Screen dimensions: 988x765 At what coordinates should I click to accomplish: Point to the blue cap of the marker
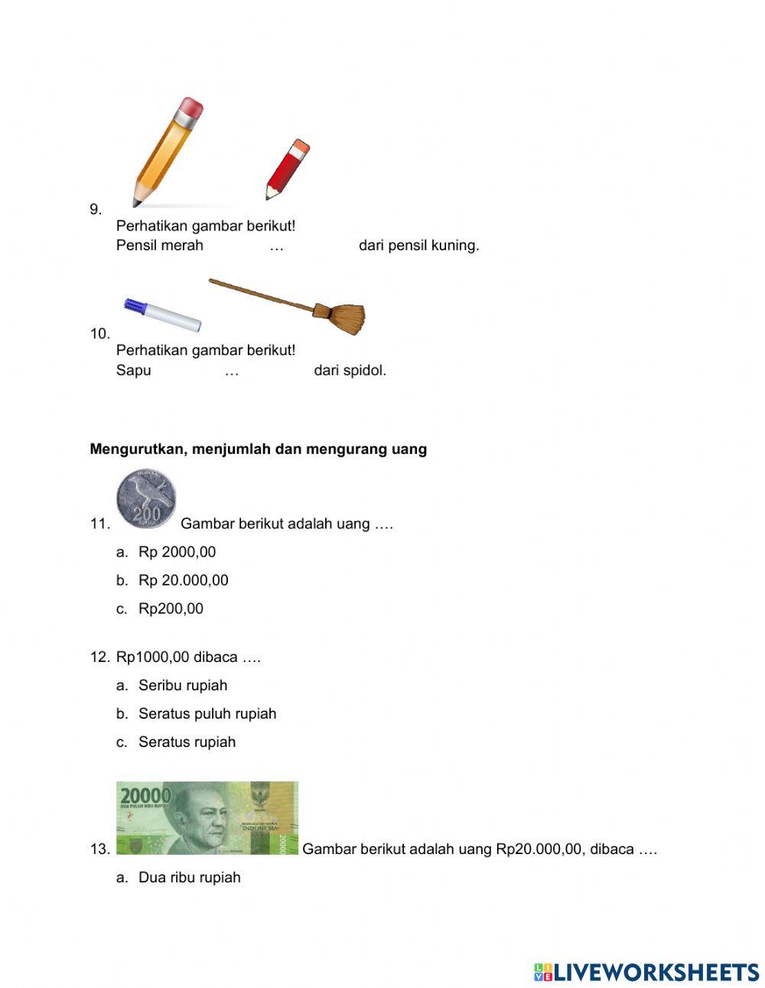coord(135,306)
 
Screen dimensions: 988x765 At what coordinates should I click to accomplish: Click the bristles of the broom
coord(348,318)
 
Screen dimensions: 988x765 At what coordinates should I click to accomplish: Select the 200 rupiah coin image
coord(146,499)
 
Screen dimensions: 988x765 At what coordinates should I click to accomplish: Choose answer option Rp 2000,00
coord(177,552)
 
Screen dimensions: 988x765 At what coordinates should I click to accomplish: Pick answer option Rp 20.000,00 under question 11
coord(183,580)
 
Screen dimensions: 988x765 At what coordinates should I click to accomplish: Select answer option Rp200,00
coord(171,608)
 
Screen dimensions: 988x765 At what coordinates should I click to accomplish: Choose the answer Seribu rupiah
coord(182,685)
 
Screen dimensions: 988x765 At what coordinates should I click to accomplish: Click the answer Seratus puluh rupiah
coord(207,713)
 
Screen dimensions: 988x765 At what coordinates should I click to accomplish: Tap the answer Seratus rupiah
coord(187,742)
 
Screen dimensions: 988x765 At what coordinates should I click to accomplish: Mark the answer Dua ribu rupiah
coord(189,877)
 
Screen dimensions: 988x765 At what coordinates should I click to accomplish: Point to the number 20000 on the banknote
coord(145,795)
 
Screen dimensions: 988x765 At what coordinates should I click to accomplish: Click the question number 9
coord(96,209)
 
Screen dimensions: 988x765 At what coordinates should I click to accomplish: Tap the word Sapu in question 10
coord(134,370)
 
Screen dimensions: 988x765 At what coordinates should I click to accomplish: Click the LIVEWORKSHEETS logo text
coord(656,972)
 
